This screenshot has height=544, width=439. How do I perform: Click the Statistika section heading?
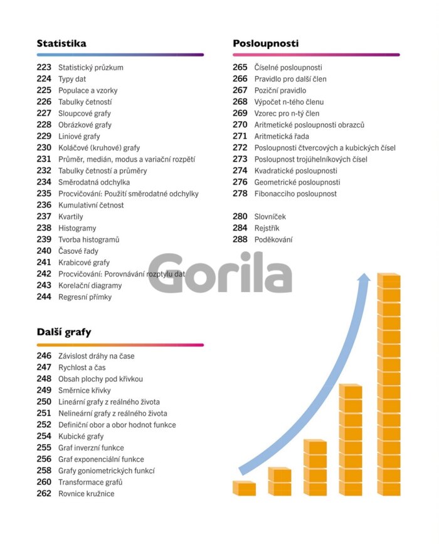pyautogui.click(x=61, y=43)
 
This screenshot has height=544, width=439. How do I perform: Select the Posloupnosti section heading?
pyautogui.click(x=265, y=43)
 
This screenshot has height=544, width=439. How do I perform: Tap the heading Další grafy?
pyautogui.click(x=64, y=332)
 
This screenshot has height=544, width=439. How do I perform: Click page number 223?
pyautogui.click(x=44, y=67)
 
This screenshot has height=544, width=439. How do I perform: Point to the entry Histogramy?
pyautogui.click(x=77, y=228)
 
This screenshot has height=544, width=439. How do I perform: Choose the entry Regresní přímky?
pyautogui.click(x=85, y=297)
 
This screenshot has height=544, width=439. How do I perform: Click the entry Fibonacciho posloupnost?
pyautogui.click(x=295, y=193)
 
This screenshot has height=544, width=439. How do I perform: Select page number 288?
pyautogui.click(x=240, y=239)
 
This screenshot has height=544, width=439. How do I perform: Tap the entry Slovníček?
pyautogui.click(x=270, y=217)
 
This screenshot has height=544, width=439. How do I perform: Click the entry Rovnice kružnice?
pyautogui.click(x=87, y=493)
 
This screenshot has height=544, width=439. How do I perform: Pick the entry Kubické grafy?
pyautogui.click(x=81, y=436)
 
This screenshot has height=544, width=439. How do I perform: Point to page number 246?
pyautogui.click(x=44, y=356)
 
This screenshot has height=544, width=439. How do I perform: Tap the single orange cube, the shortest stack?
pyautogui.click(x=245, y=488)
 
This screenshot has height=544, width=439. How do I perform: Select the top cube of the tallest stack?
pyautogui.click(x=389, y=280)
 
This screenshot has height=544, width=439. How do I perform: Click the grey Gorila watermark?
pyautogui.click(x=220, y=273)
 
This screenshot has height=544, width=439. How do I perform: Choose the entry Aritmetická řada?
pyautogui.click(x=282, y=136)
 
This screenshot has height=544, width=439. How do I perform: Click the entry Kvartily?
pyautogui.click(x=70, y=217)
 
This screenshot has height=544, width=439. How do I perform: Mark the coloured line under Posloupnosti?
pyautogui.click(x=316, y=55)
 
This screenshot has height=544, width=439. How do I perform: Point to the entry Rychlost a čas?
pyautogui.click(x=82, y=367)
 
